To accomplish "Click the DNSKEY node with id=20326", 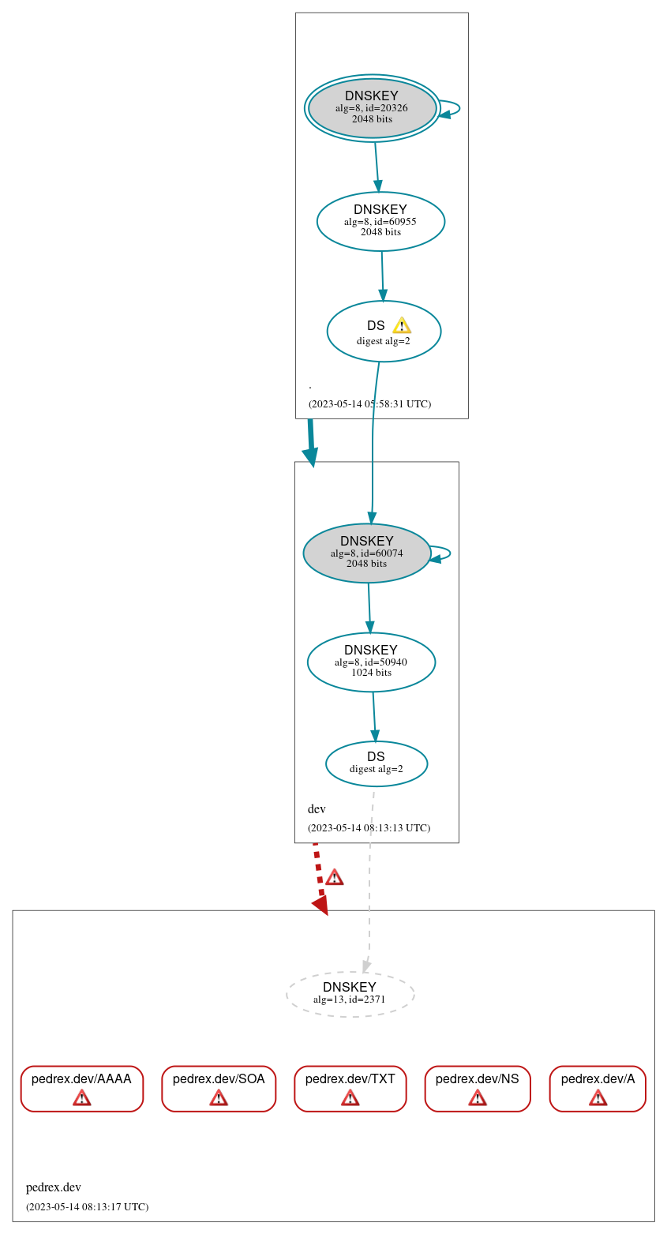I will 372,108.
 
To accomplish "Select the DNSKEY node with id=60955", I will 380,221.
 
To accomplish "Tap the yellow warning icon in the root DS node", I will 402,325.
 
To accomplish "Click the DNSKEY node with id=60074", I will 366,553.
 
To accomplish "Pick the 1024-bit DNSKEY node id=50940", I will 371,662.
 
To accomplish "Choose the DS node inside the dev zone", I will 377,763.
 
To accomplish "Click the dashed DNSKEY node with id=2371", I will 350,994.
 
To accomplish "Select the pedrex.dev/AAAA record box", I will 81,1088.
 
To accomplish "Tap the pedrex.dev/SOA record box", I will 219,1088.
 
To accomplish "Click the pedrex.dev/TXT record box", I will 350,1088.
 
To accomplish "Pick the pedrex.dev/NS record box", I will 477,1088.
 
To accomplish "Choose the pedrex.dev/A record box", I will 598,1088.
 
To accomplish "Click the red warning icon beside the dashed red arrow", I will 334,877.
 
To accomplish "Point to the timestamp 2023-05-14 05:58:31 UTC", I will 369,404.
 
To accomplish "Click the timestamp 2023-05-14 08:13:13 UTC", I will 369,828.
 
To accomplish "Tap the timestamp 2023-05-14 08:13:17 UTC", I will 87,1207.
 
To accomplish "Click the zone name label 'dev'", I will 317,809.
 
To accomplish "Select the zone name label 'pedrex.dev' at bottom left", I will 54,1187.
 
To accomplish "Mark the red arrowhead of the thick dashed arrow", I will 320,905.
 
